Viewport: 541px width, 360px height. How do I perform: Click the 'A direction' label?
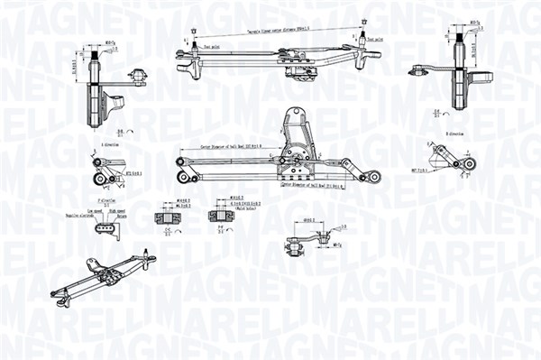click(x=111, y=143)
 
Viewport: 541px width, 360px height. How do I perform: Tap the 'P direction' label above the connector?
click(x=105, y=205)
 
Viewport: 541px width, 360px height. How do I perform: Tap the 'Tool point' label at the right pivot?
click(x=373, y=40)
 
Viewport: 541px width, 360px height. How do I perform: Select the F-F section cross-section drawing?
click(x=217, y=216)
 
